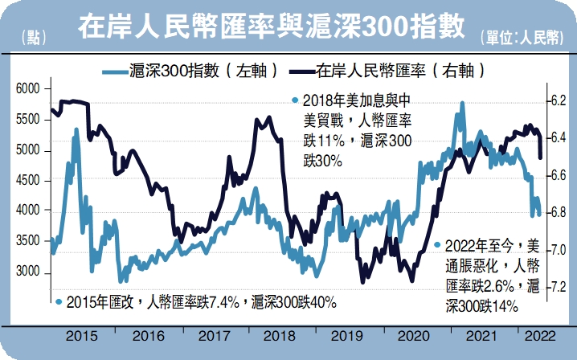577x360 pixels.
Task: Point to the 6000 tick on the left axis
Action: pyautogui.click(x=28, y=88)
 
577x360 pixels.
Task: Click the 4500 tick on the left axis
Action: pyautogui.click(x=28, y=181)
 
